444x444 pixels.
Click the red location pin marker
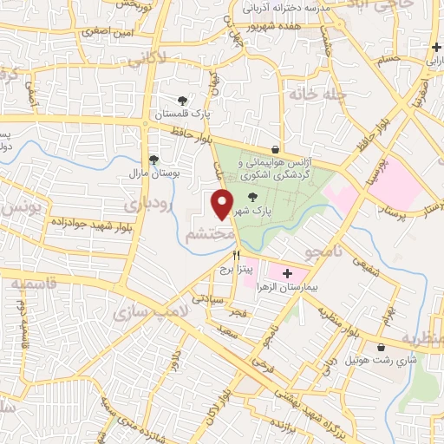point(223,203)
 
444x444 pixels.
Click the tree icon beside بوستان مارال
point(153,160)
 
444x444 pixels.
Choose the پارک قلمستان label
point(181,114)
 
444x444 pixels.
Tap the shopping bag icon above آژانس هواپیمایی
point(275,149)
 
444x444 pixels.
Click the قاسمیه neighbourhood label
point(38,284)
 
